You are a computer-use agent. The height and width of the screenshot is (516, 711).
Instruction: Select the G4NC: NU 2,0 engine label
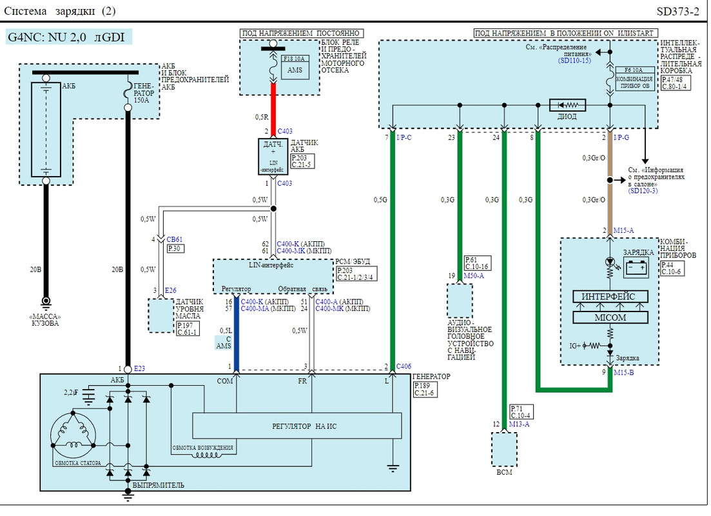pos(69,37)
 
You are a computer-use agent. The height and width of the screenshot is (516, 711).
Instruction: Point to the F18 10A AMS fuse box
pos(294,66)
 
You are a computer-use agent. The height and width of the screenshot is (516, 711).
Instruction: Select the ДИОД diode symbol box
pos(567,105)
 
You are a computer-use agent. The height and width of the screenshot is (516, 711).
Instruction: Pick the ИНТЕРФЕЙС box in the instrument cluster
pos(609,297)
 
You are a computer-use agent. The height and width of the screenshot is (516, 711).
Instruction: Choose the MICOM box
pos(609,318)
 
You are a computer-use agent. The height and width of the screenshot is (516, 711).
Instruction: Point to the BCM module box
pos(503,449)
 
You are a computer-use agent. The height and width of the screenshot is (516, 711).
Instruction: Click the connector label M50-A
pos(474,275)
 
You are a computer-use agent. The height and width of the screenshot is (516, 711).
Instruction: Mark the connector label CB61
pos(174,239)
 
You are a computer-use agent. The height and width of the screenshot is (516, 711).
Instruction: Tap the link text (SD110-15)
pos(575,61)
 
